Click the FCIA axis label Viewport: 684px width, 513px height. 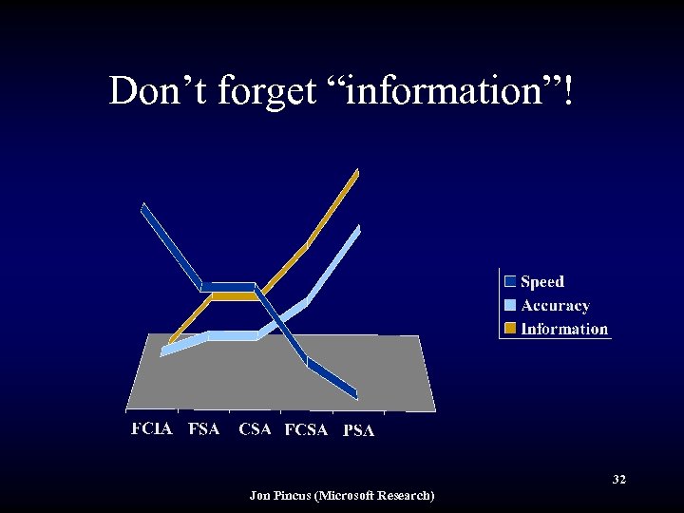click(x=152, y=428)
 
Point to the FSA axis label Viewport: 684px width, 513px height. click(x=203, y=428)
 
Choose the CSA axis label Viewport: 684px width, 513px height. click(x=255, y=428)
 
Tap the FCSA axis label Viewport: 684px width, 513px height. click(x=306, y=429)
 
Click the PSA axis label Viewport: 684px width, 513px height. click(x=358, y=430)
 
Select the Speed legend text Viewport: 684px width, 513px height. click(x=541, y=281)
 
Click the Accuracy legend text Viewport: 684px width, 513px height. click(x=555, y=305)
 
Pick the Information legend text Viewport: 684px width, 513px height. click(x=564, y=329)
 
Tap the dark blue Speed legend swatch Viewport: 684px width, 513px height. click(x=510, y=281)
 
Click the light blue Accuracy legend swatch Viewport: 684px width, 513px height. click(x=510, y=305)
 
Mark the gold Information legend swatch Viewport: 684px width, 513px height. click(x=510, y=329)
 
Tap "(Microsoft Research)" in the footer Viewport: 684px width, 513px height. click(x=379, y=495)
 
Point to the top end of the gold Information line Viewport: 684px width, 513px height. click(x=356, y=172)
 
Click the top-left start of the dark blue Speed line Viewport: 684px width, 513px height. click(x=143, y=207)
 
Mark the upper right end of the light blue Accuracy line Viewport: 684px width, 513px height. click(x=358, y=229)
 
